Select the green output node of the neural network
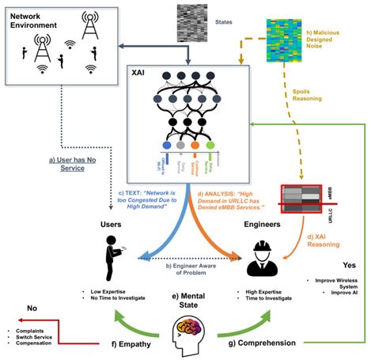point(210,146)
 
